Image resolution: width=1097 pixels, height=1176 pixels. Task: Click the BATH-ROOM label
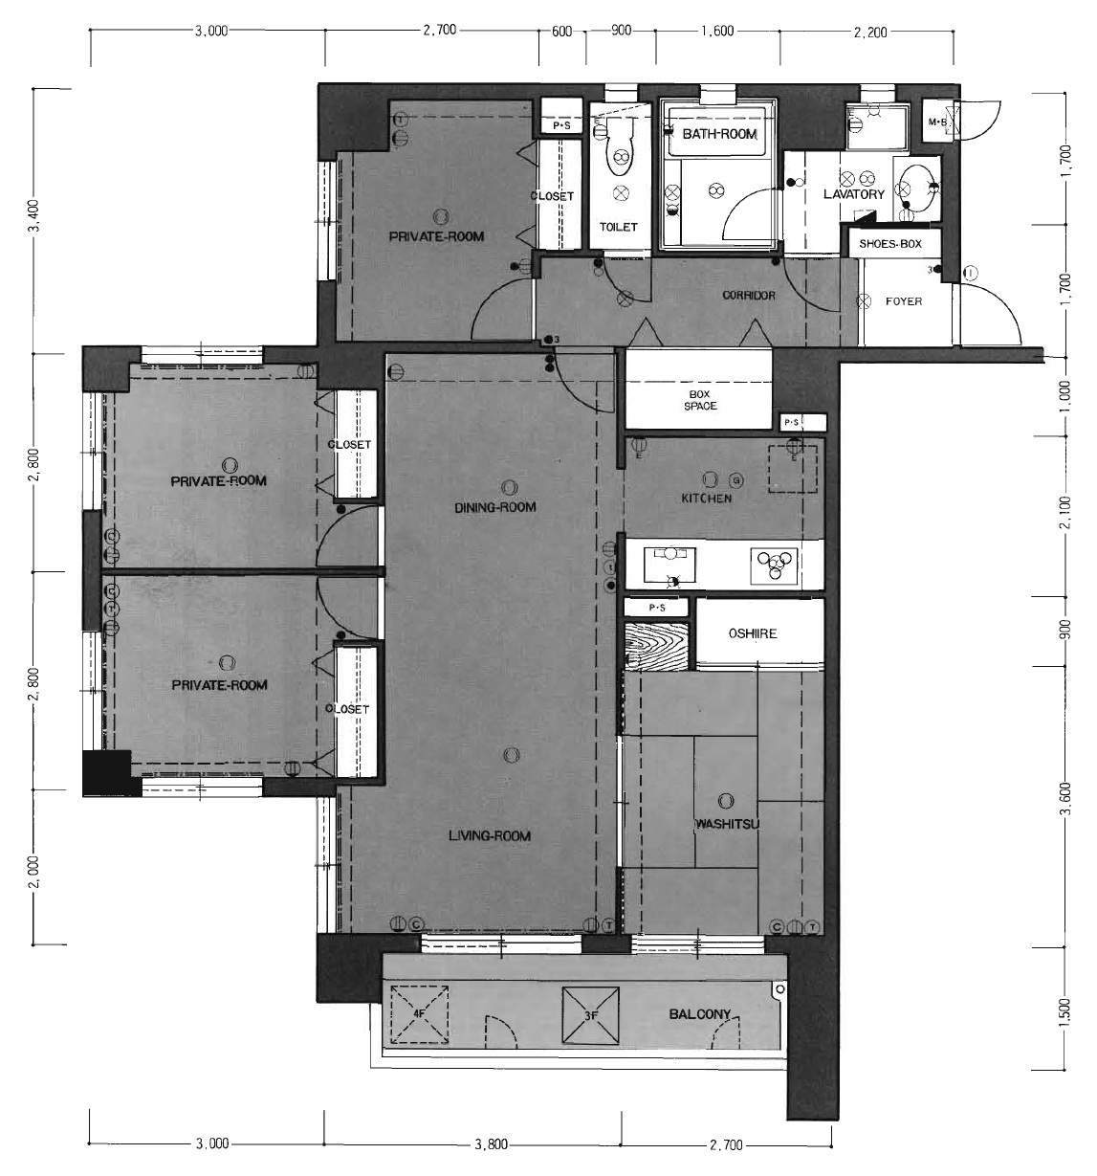click(x=719, y=134)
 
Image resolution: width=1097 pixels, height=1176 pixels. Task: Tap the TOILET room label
click(x=618, y=227)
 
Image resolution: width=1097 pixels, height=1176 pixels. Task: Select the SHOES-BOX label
click(x=889, y=244)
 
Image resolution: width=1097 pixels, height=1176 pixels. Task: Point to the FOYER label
click(x=904, y=301)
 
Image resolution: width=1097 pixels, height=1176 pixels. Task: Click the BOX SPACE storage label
click(x=700, y=400)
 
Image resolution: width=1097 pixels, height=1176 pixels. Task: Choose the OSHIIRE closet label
click(x=753, y=633)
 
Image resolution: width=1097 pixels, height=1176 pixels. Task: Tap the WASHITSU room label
click(x=727, y=824)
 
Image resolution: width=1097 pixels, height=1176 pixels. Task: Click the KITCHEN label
click(x=706, y=499)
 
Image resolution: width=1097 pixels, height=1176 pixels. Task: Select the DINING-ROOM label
click(x=494, y=507)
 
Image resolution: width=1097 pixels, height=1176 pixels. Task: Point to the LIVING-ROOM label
click(x=489, y=836)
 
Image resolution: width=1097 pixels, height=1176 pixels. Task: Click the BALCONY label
click(x=700, y=1014)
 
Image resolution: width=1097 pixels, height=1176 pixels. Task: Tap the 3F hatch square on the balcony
click(x=591, y=1016)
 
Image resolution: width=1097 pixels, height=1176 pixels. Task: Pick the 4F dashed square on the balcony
click(x=419, y=1013)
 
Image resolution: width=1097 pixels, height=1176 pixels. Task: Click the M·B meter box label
click(x=937, y=122)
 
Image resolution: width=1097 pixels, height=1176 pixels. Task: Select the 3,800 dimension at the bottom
click(x=491, y=1144)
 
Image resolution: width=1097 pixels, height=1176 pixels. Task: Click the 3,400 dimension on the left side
click(x=35, y=216)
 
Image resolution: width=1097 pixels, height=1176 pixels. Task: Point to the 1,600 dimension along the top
click(x=717, y=31)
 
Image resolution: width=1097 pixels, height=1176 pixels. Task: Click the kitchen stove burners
click(x=774, y=566)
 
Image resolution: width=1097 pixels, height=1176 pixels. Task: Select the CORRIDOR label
click(x=748, y=295)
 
